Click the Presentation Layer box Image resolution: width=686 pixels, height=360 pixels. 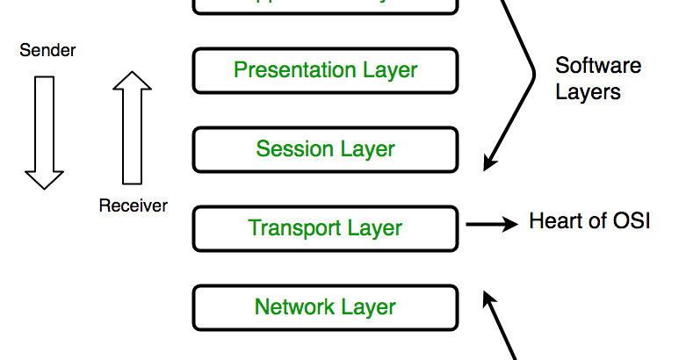point(325,70)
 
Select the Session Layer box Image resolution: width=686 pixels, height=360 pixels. point(325,149)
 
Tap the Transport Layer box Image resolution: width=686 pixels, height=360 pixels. point(325,228)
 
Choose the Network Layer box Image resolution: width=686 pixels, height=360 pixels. point(325,307)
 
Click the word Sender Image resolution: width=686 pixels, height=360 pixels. point(47,51)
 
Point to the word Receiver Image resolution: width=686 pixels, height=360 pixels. point(133,205)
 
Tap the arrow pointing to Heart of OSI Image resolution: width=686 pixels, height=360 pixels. point(492,225)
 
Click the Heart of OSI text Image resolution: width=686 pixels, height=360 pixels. point(589,220)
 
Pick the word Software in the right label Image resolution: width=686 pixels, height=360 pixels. point(598,66)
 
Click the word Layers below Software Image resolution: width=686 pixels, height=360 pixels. point(588,91)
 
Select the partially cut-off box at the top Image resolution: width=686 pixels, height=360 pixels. point(325,5)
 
